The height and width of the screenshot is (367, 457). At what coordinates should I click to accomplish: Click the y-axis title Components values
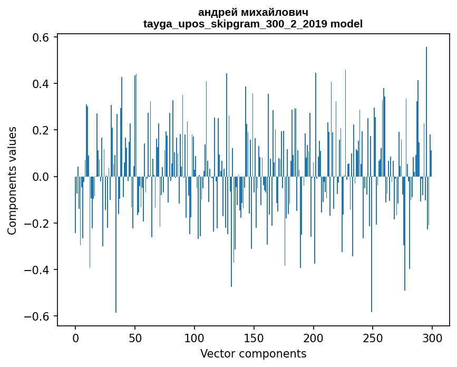click(x=12, y=180)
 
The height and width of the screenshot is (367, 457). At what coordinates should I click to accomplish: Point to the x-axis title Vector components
click(x=253, y=353)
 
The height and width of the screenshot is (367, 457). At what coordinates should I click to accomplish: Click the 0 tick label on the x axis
click(x=75, y=338)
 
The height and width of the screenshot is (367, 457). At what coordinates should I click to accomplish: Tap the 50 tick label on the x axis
click(x=135, y=338)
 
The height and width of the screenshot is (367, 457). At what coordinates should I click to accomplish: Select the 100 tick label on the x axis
click(x=194, y=338)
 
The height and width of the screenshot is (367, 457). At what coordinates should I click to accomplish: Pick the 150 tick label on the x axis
click(x=254, y=338)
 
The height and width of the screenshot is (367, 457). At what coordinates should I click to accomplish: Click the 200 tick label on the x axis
click(x=313, y=338)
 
